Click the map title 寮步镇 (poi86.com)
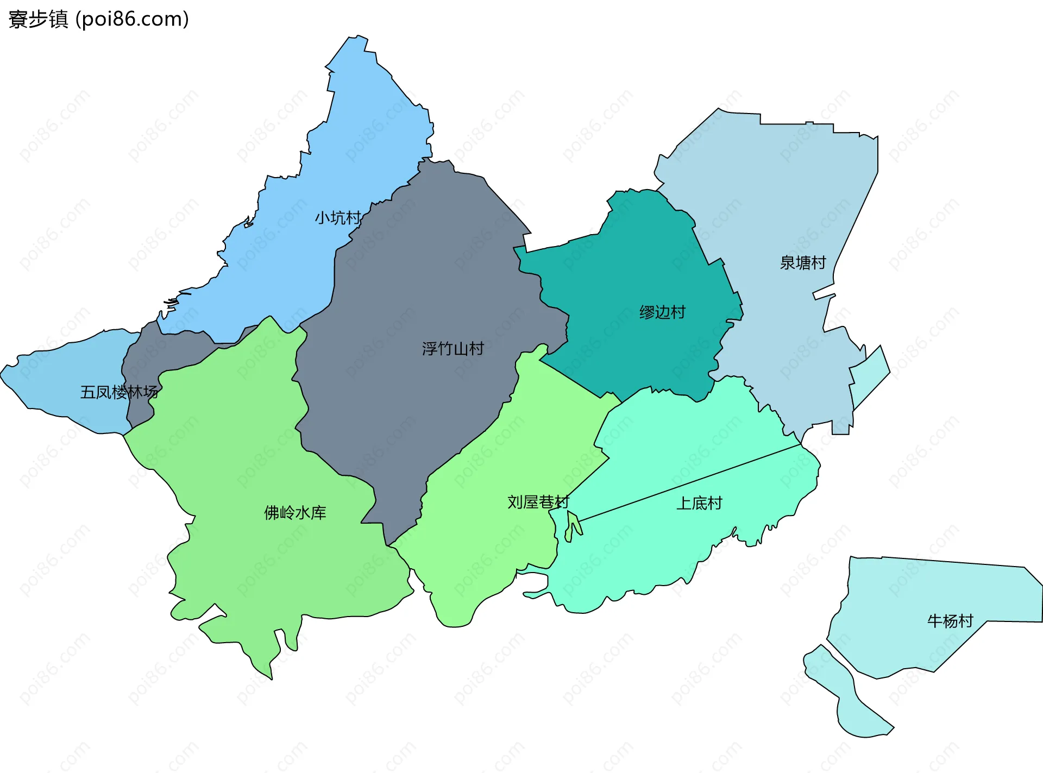(x=98, y=20)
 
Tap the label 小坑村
(x=337, y=218)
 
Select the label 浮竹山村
(x=453, y=348)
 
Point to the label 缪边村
(x=662, y=312)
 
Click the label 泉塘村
(x=802, y=263)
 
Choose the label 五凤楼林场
(x=119, y=392)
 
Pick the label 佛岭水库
(x=295, y=512)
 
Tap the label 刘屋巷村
(x=538, y=502)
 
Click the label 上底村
(x=699, y=503)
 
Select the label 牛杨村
(x=950, y=620)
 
